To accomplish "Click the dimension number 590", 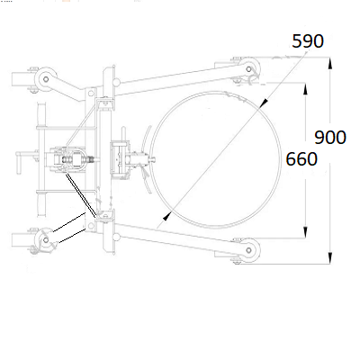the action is pyautogui.click(x=308, y=41).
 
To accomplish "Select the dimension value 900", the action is pyautogui.click(x=330, y=138).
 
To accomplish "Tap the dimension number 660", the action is pyautogui.click(x=301, y=159).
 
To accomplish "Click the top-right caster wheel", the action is pyautogui.click(x=248, y=69).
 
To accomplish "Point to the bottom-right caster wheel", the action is pyautogui.click(x=248, y=250).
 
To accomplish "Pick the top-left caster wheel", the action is pyautogui.click(x=45, y=79).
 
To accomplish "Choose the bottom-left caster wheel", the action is pyautogui.click(x=45, y=239).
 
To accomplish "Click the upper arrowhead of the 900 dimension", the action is pyautogui.click(x=330, y=64).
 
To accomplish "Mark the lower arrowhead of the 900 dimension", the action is pyautogui.click(x=330, y=258).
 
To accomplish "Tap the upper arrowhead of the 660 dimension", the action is pyautogui.click(x=305, y=89).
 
